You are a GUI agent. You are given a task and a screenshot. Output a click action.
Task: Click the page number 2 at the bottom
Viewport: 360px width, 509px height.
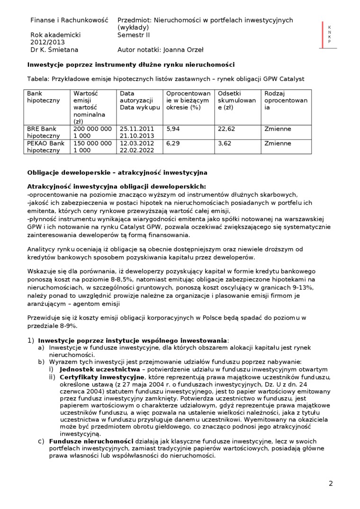coord(331,483)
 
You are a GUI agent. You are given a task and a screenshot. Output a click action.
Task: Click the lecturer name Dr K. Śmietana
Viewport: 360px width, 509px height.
coord(54,49)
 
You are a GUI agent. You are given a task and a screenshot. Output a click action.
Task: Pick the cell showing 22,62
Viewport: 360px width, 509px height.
coord(226,129)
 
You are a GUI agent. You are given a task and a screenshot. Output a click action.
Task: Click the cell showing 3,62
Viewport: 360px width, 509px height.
coord(225,143)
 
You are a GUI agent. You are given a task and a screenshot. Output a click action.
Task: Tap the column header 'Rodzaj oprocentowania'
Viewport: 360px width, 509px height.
coord(286,100)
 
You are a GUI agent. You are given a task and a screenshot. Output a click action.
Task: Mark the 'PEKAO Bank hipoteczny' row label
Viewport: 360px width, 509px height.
coord(45,147)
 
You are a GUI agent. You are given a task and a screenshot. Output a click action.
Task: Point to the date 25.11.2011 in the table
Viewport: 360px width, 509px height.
coord(137,129)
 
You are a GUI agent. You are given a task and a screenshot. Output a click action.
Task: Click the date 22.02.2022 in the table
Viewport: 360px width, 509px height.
coord(137,151)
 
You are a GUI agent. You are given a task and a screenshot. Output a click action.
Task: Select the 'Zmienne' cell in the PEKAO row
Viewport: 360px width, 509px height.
coord(278,143)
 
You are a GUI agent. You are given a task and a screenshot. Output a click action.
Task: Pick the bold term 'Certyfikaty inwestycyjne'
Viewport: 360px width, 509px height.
coord(102,377)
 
